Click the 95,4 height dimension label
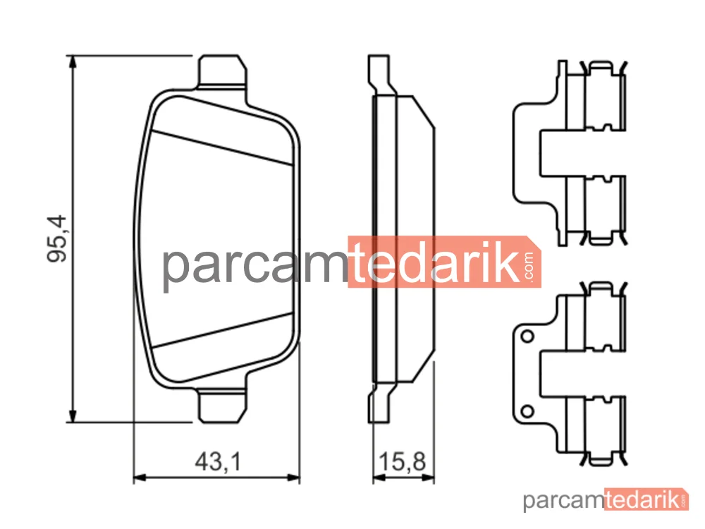[x=56, y=238]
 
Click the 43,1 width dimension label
[x=218, y=461]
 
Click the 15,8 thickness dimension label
[x=402, y=461]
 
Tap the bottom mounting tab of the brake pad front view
[x=223, y=407]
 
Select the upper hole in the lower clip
[x=527, y=336]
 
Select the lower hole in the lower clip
[x=527, y=411]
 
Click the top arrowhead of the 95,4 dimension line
[x=72, y=62]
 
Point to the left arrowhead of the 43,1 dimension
[x=140, y=478]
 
